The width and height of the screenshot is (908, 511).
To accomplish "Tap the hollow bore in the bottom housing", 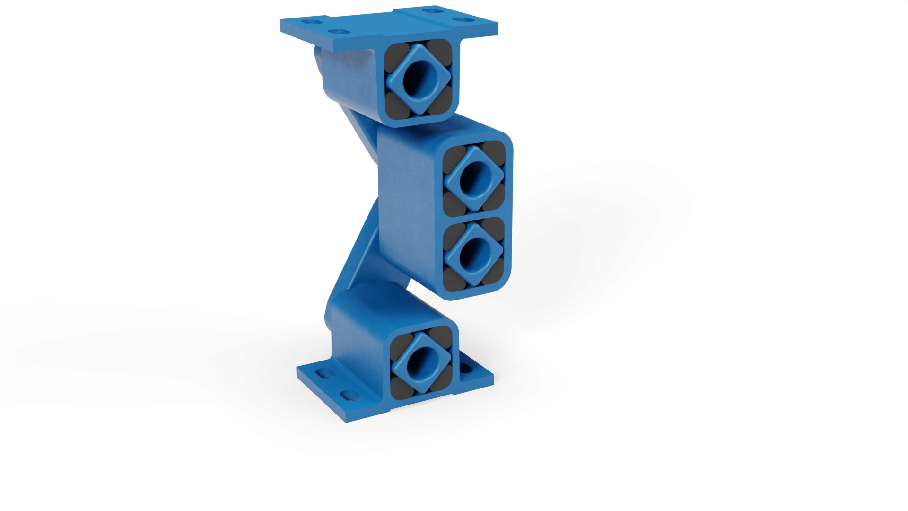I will [419, 361].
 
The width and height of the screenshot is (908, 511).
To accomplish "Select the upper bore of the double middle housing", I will [474, 179].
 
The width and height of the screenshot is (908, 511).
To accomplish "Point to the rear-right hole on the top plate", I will [431, 11].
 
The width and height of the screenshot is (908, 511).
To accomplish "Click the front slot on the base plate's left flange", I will [349, 394].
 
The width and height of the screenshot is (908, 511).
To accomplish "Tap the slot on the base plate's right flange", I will [466, 368].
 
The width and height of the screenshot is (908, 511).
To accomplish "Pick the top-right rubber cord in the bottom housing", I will [442, 337].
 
